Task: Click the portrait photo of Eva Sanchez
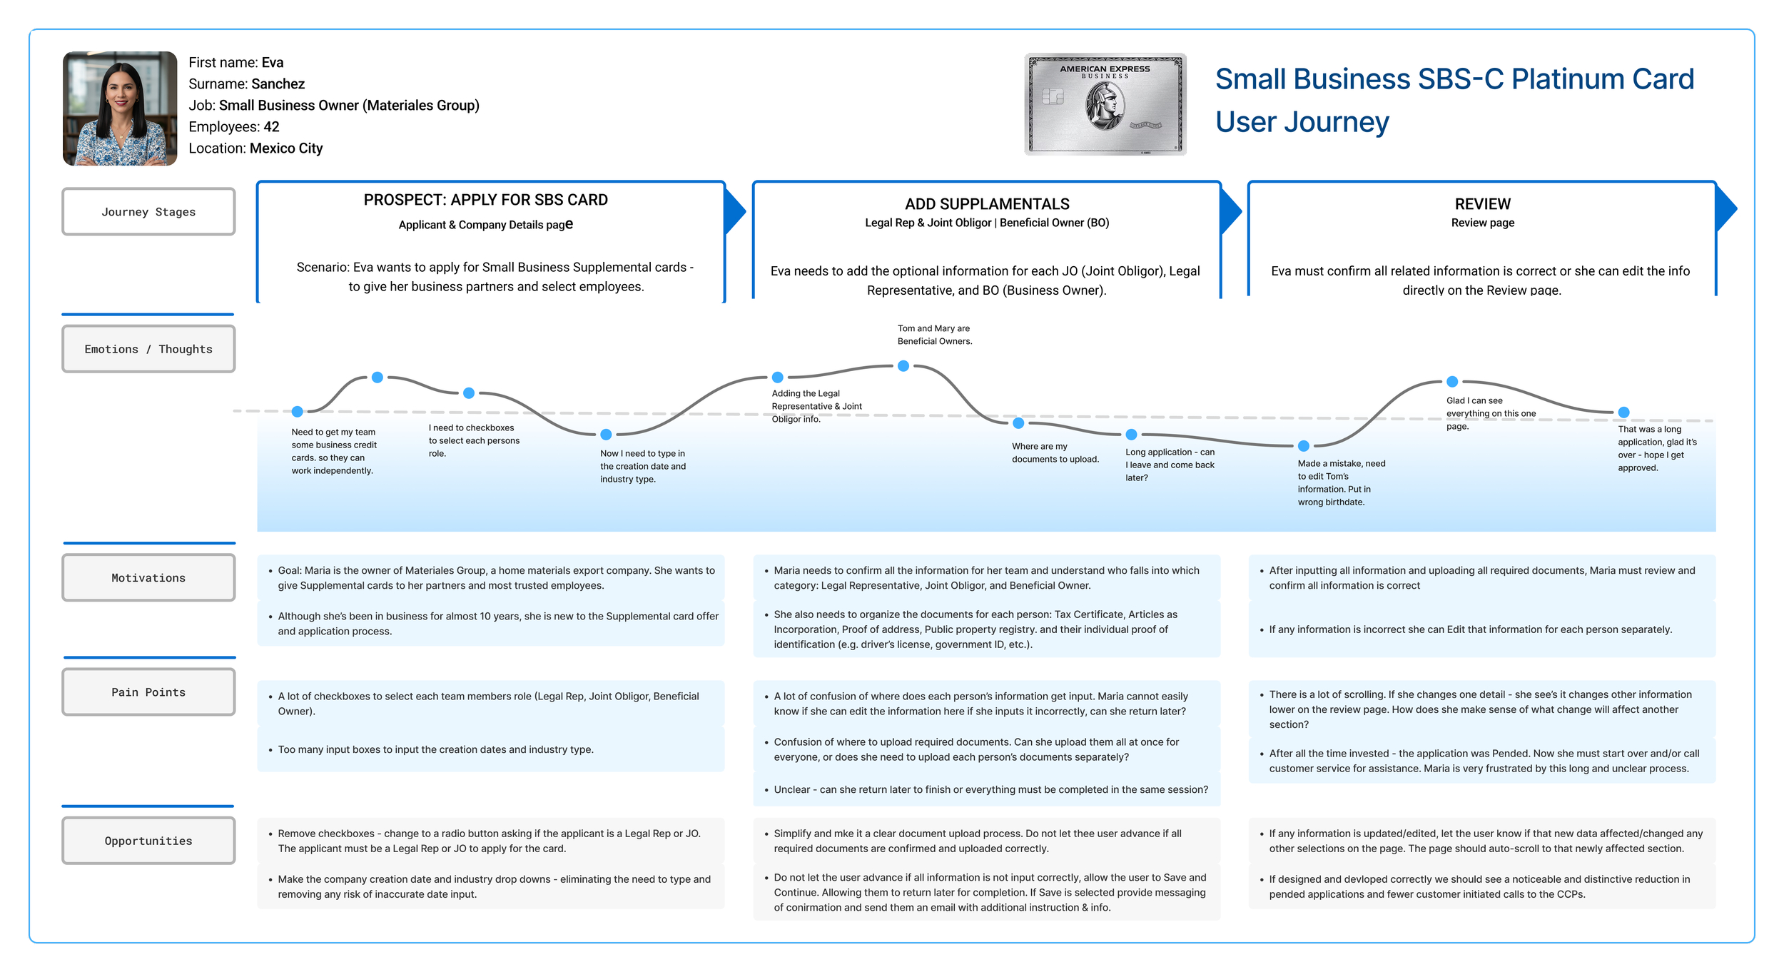120,108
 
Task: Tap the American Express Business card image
1105,104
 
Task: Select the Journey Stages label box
148,212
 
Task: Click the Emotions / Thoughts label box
148,349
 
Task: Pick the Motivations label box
148,578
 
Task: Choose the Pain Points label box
148,692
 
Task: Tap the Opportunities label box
148,841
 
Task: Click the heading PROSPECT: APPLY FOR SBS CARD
486,200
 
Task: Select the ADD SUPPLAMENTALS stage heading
987,204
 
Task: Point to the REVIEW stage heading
1482,204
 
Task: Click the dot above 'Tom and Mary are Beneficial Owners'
903,366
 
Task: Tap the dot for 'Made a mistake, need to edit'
1304,446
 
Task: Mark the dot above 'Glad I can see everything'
1452,382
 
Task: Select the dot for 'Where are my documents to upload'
1019,423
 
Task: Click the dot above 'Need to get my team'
298,411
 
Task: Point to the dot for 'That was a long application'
1623,412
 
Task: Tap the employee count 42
271,127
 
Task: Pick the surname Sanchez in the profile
278,84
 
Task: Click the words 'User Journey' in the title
1302,122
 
